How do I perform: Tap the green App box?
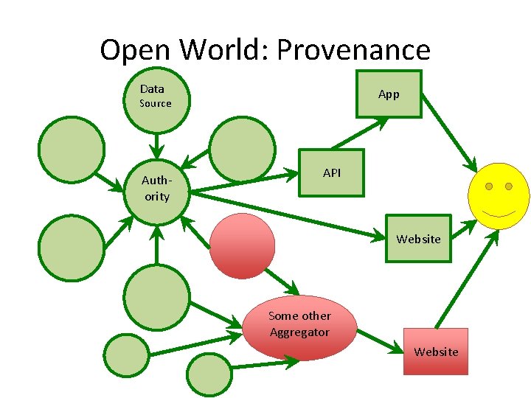389,94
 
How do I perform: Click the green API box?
331,173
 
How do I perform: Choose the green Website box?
418,239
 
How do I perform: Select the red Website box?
436,352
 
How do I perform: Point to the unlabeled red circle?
242,245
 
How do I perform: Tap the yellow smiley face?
499,195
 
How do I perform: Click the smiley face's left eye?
488,186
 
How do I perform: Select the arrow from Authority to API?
243,183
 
